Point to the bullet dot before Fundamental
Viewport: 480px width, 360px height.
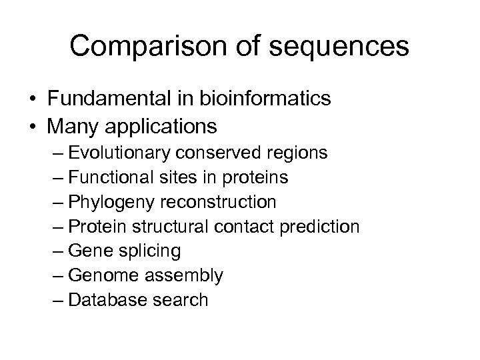[x=33, y=99]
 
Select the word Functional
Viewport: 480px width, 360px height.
[x=111, y=177]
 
